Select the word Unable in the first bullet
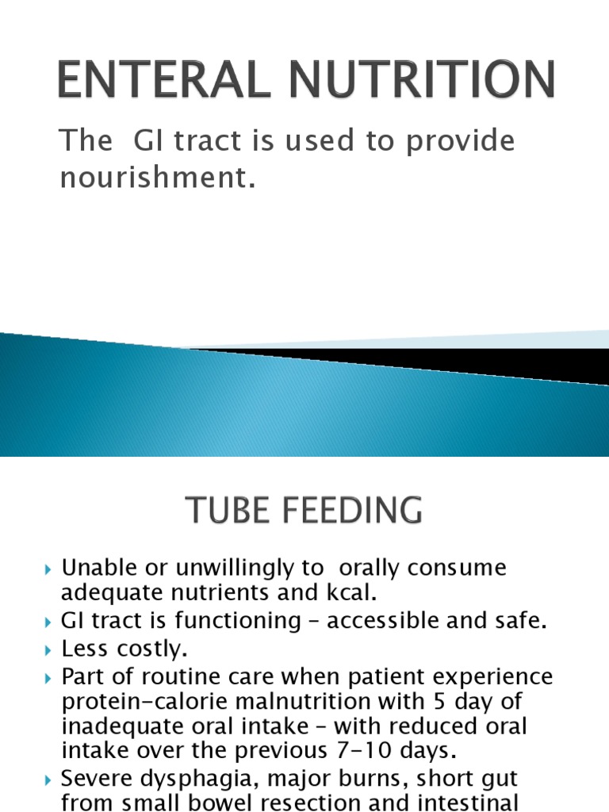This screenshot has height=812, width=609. (94, 568)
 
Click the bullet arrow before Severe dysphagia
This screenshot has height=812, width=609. (49, 779)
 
